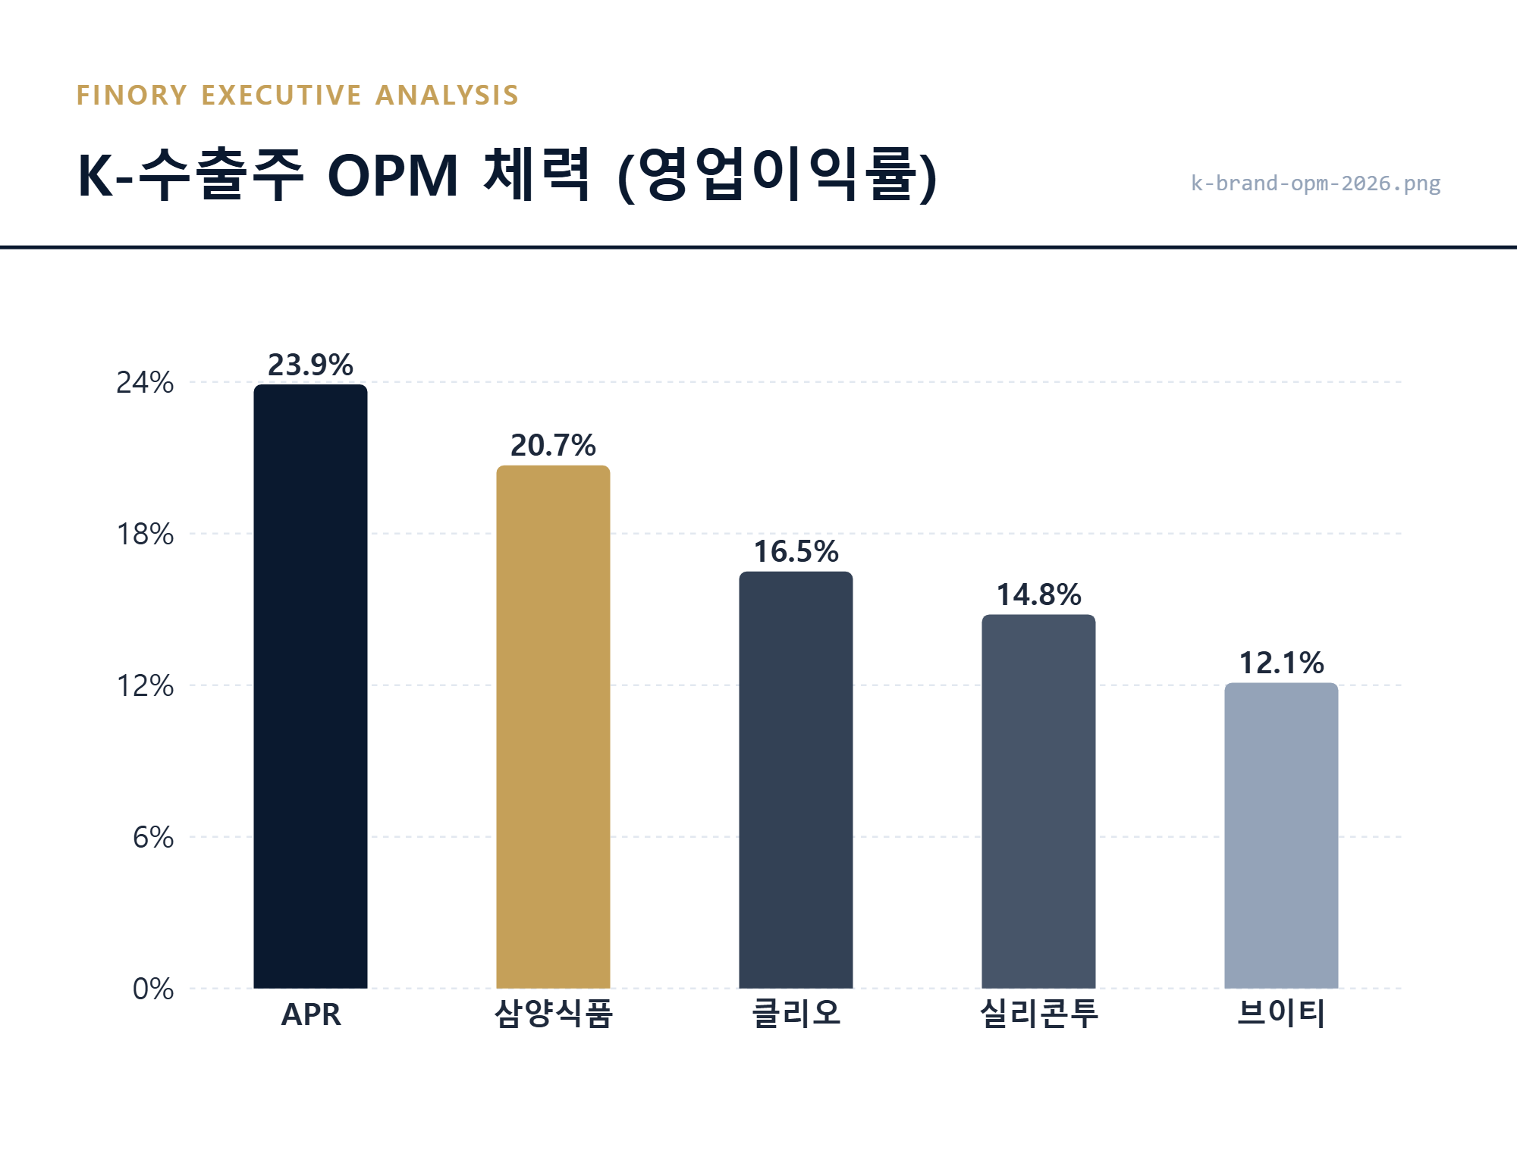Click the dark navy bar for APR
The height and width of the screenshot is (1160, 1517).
310,686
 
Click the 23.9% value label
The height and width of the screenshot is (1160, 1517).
310,365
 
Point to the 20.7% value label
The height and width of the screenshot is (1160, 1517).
553,445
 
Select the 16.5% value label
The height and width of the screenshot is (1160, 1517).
796,551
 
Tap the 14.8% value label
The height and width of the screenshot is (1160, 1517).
1038,594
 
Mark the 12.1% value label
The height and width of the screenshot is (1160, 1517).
1281,663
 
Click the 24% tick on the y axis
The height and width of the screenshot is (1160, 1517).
144,382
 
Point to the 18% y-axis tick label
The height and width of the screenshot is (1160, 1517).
144,534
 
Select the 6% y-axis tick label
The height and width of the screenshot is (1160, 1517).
152,837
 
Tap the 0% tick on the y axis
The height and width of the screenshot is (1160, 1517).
152,989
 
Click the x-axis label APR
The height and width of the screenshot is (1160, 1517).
310,1014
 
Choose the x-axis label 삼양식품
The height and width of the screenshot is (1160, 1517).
553,1014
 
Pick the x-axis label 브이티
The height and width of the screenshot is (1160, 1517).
1281,1014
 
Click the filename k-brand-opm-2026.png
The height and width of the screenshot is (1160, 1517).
1315,183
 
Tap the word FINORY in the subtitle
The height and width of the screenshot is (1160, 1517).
132,96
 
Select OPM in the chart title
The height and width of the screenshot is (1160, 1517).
393,176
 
